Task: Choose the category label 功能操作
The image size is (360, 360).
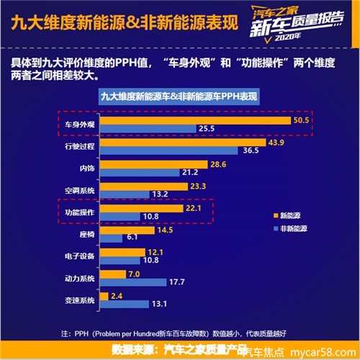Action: coord(78,213)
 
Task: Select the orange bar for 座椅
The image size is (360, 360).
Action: coord(125,230)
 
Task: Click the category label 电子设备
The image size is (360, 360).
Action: coord(78,257)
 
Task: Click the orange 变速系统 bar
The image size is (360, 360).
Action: coord(104,297)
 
